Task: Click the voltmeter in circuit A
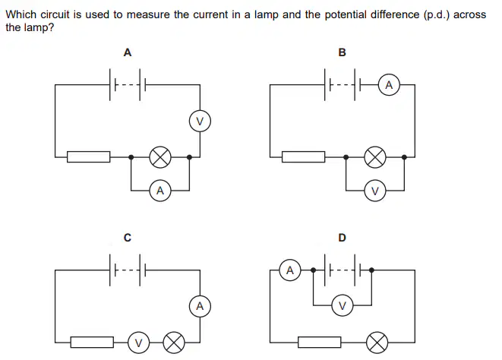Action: [x=200, y=122]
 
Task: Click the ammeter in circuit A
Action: [x=160, y=191]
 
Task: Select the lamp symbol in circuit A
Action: [x=160, y=157]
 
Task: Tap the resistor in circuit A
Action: [x=88, y=157]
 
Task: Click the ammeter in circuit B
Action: [x=389, y=85]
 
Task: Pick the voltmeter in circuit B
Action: [x=375, y=191]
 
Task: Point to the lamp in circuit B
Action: [x=375, y=157]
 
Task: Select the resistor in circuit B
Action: [x=304, y=157]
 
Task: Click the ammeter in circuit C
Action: [x=200, y=306]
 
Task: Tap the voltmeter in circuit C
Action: [x=138, y=343]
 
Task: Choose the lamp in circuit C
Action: [x=174, y=343]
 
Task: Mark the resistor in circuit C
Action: [x=92, y=342]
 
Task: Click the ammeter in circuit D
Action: [x=290, y=270]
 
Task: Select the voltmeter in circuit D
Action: [x=343, y=305]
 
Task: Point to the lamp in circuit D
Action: [x=377, y=343]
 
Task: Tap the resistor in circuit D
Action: [x=320, y=342]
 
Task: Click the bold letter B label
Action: [x=342, y=52]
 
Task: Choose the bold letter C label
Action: [x=128, y=238]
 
